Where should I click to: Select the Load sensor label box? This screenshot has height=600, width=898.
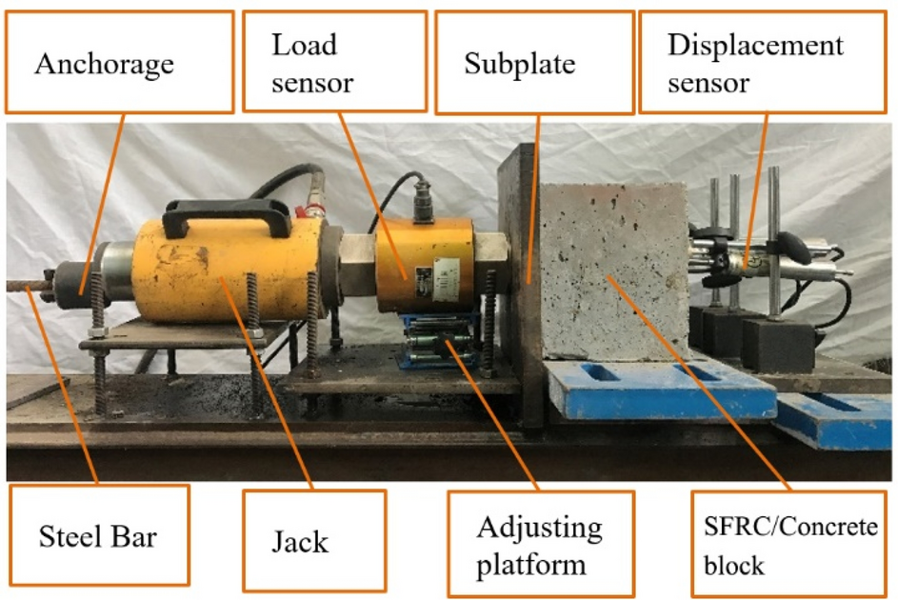pos(333,63)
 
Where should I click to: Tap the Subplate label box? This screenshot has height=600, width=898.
pos(533,63)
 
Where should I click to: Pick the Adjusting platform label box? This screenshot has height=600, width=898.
pos(538,543)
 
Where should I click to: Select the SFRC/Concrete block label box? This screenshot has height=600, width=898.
pos(790,546)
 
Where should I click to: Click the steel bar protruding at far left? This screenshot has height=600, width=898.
pos(24,284)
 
